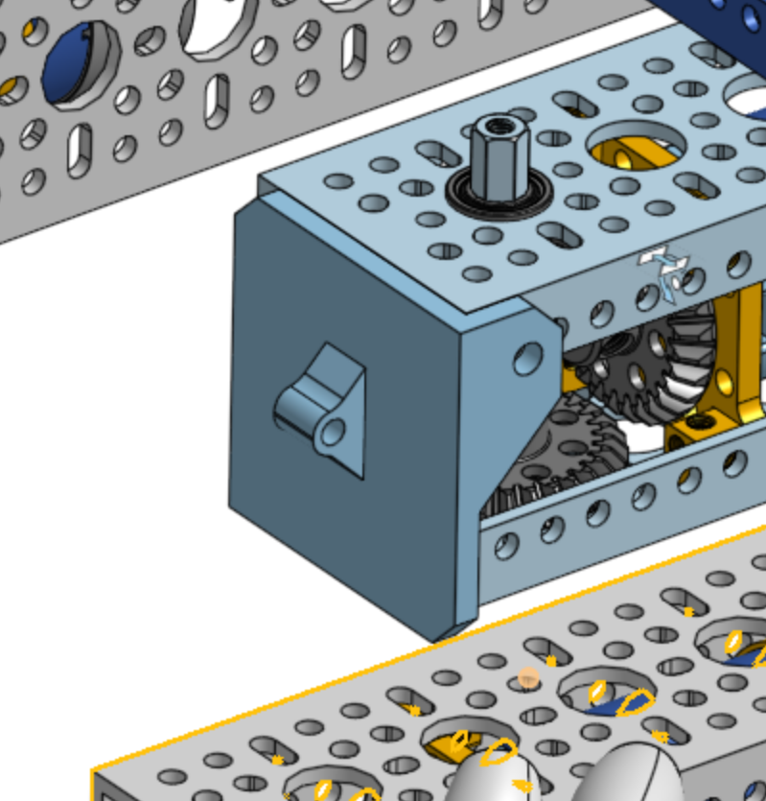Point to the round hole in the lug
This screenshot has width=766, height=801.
pyautogui.click(x=333, y=432)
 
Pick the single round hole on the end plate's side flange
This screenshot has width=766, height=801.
pyautogui.click(x=526, y=359)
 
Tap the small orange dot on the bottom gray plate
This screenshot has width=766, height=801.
pyautogui.click(x=527, y=678)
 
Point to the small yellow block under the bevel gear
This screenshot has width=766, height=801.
pyautogui.click(x=690, y=432)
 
